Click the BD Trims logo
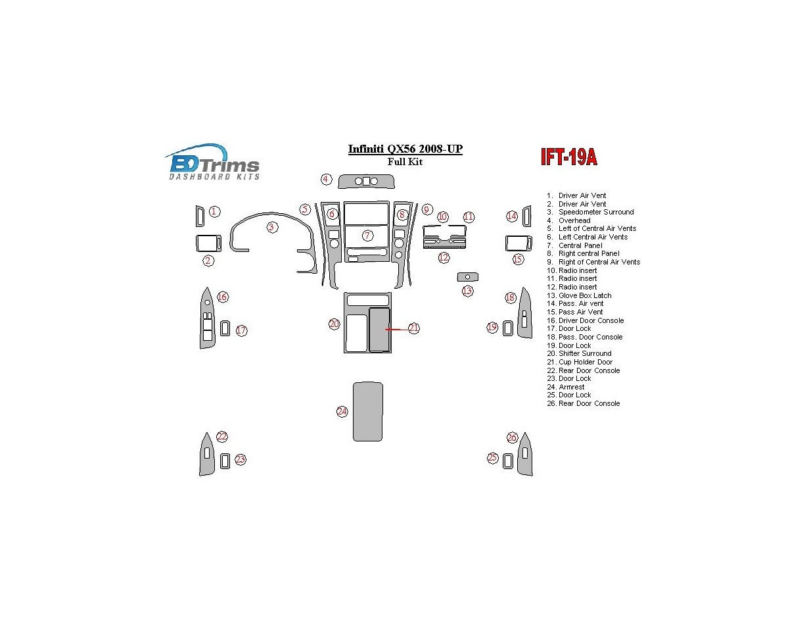click(x=212, y=162)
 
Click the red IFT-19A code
click(x=568, y=158)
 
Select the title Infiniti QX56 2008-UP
click(x=405, y=149)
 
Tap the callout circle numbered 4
click(x=326, y=179)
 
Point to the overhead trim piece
click(x=366, y=182)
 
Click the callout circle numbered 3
click(x=272, y=227)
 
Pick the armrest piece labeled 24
click(x=368, y=411)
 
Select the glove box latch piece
click(x=468, y=277)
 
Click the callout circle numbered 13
click(x=467, y=291)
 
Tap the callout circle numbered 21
click(x=413, y=328)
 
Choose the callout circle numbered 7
click(x=368, y=235)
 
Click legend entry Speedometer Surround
click(x=595, y=213)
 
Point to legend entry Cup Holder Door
click(x=585, y=362)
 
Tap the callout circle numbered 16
click(x=223, y=297)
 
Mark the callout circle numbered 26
click(x=513, y=438)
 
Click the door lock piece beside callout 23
click(x=225, y=461)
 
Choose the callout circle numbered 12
click(x=444, y=258)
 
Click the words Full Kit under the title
click(x=405, y=162)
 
